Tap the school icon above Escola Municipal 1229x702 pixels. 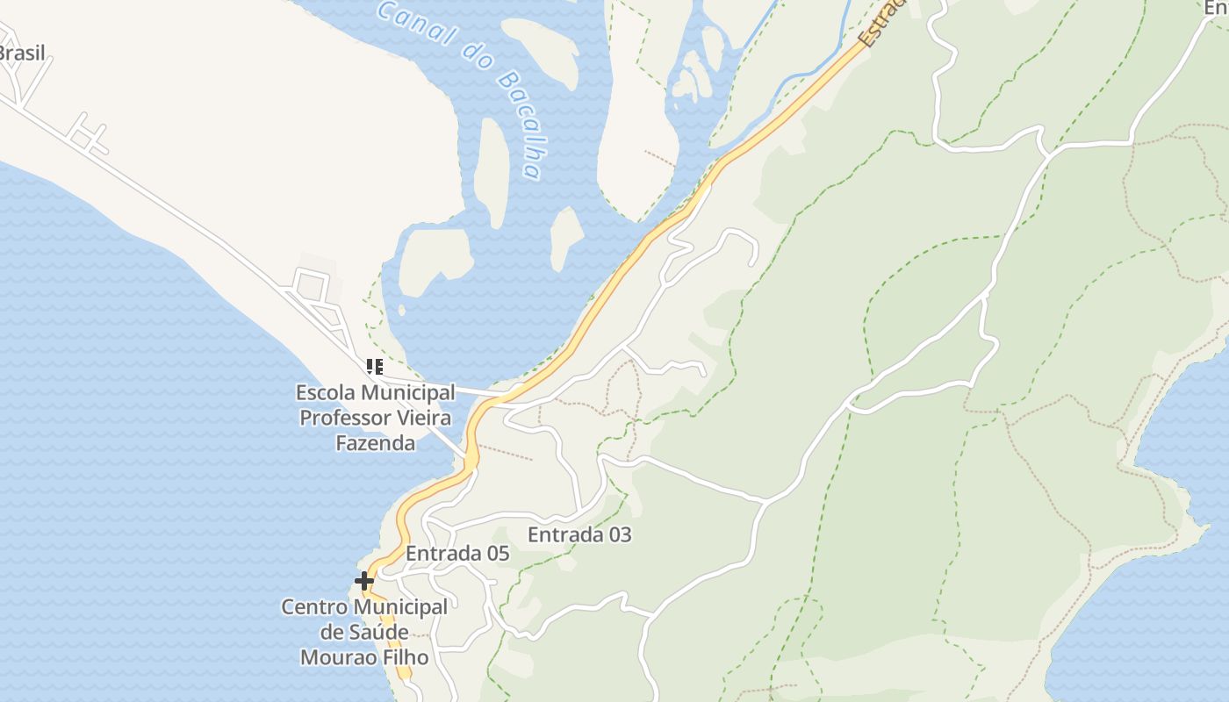[x=375, y=367]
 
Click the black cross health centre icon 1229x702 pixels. [x=364, y=581]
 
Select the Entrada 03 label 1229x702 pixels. [x=579, y=534]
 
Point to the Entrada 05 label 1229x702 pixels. [x=457, y=554]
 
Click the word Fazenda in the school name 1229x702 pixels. [x=375, y=443]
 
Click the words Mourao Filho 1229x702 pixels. [x=364, y=657]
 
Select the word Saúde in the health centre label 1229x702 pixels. [x=376, y=632]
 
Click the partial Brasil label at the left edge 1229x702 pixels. [x=21, y=53]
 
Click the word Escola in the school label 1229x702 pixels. [x=326, y=392]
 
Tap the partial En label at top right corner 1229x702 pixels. [x=1216, y=8]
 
